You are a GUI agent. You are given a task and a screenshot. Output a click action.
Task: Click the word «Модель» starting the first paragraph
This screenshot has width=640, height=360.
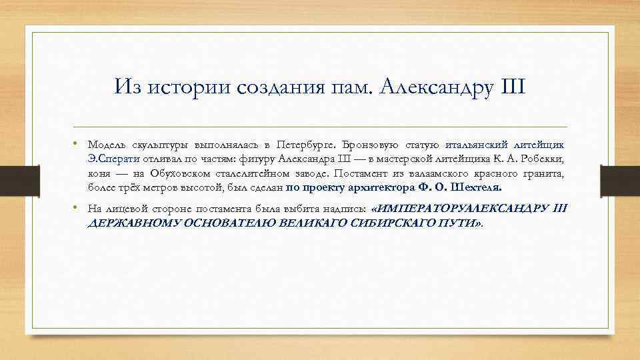click(107, 145)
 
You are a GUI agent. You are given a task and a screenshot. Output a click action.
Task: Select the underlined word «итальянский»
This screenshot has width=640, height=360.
click(477, 145)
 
